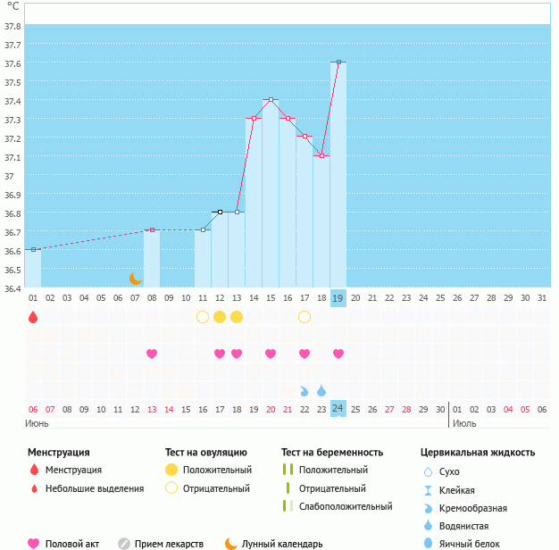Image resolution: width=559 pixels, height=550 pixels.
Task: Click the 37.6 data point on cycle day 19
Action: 338,62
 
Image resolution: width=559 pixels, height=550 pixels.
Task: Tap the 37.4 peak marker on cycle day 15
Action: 271,100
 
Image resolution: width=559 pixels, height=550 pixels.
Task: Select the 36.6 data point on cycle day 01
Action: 33,250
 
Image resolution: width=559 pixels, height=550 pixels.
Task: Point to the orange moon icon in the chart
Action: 136,279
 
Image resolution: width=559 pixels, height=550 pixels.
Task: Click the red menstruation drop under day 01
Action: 33,317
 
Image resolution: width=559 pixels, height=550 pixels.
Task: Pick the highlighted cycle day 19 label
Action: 338,297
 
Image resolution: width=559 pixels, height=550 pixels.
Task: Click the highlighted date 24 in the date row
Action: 338,409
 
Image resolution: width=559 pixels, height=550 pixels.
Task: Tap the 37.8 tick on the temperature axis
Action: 13,26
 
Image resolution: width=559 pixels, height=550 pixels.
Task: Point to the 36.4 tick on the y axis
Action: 13,288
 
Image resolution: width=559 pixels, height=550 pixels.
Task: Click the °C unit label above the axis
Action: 13,6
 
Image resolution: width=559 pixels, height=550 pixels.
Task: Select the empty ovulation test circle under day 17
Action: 305,317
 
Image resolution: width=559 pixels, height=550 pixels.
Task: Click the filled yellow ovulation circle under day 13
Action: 237,317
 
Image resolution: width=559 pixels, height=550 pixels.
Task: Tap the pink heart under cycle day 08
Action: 152,354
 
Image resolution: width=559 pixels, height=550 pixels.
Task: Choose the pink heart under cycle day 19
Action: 338,354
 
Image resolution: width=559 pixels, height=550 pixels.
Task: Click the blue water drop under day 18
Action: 321,390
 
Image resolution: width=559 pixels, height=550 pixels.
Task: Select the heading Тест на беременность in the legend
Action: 332,453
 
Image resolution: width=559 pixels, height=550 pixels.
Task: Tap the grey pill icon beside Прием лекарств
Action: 125,543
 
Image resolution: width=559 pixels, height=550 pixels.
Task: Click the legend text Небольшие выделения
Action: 94,488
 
